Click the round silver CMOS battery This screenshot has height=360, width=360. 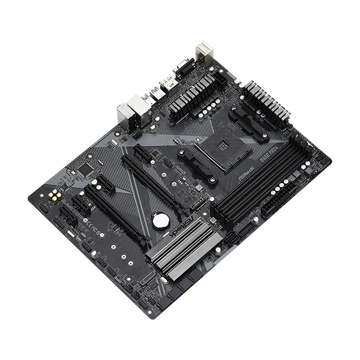pyautogui.click(x=159, y=221)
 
